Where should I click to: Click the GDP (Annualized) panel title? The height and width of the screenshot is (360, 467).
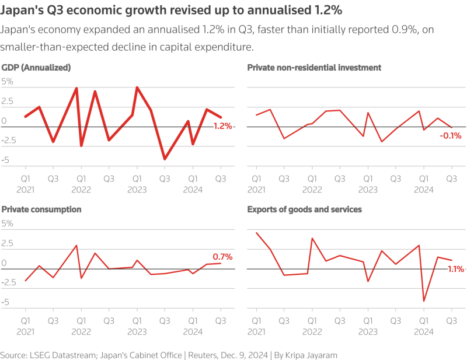[x=36, y=68]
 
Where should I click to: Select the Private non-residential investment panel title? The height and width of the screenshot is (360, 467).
[x=314, y=68]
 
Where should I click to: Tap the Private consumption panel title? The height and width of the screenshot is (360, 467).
[x=41, y=209]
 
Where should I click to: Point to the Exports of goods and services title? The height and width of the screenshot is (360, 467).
[x=305, y=209]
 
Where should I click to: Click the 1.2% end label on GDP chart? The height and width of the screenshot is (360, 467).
[x=222, y=126]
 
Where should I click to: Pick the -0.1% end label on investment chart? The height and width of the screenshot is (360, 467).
[x=451, y=136]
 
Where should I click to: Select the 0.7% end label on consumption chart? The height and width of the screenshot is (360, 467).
[x=222, y=256]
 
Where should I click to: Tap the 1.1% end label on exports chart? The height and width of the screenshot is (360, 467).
[x=455, y=269]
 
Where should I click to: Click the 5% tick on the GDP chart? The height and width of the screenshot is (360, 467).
[x=7, y=82]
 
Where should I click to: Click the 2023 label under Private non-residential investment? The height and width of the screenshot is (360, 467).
[x=368, y=190]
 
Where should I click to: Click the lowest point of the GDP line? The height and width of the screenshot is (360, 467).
[x=165, y=159]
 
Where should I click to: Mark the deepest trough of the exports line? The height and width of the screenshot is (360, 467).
[x=424, y=302]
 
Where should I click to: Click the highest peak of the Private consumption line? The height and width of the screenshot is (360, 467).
[x=76, y=245]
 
